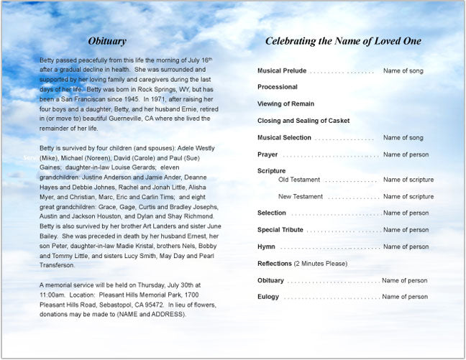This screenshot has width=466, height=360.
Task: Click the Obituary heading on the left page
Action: coord(106,41)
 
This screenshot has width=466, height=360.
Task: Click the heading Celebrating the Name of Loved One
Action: coord(343,41)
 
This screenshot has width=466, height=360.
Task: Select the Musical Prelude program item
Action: coord(282,71)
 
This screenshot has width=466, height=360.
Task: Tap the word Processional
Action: coord(278,87)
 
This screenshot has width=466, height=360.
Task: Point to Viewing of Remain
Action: coord(286,104)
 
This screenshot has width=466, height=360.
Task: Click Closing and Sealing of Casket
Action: coord(303,121)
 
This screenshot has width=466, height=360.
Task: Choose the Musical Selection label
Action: coord(284,138)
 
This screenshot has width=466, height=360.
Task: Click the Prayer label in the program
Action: coord(268,154)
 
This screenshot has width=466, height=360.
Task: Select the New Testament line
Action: coord(301,196)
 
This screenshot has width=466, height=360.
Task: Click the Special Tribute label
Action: coord(280,230)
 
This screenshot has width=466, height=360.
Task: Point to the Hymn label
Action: coord(267,246)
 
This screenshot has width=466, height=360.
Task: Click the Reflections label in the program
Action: coord(274,264)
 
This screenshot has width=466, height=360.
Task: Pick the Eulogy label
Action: coord(268,297)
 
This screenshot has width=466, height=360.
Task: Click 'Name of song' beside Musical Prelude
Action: coord(403,71)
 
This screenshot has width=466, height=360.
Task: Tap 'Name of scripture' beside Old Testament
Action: coord(408,180)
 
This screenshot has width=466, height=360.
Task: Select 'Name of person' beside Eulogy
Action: coord(406,297)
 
